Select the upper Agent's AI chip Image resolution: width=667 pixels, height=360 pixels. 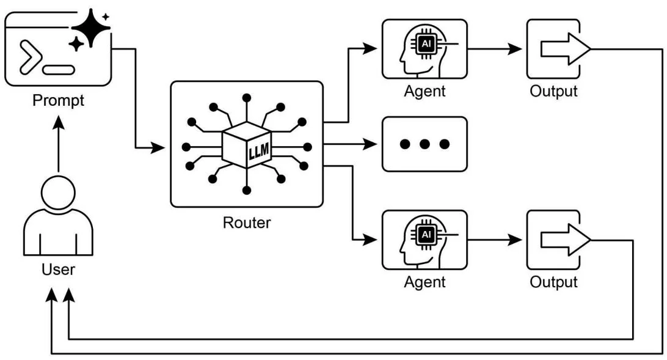tap(426, 43)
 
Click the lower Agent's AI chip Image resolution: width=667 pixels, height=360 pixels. tap(426, 234)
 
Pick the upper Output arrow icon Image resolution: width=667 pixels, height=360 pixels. tap(566, 49)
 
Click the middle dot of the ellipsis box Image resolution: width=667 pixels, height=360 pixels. tap(425, 144)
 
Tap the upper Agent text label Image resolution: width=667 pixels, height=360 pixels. tap(425, 92)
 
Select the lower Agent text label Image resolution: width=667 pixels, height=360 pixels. tap(425, 282)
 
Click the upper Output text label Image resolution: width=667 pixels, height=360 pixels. tap(553, 92)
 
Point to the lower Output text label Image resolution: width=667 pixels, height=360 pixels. tap(553, 282)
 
